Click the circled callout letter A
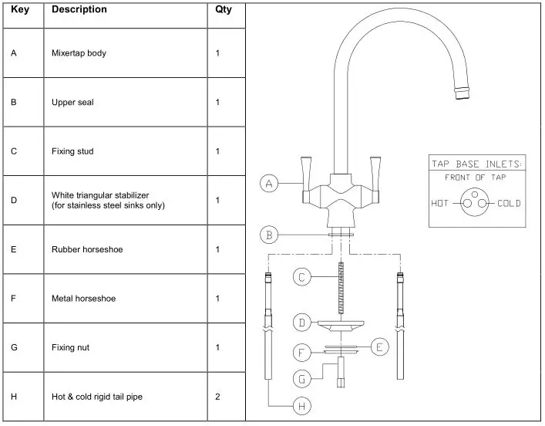[x=267, y=184]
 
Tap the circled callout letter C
[x=303, y=276]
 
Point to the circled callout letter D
[x=303, y=321]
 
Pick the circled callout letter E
[x=378, y=347]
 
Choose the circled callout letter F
[x=303, y=353]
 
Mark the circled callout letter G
[x=303, y=379]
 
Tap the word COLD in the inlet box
[x=509, y=204]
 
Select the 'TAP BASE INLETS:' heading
[x=476, y=164]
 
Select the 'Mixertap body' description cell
[x=78, y=54]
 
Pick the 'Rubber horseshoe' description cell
[x=87, y=249]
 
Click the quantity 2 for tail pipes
[x=218, y=397]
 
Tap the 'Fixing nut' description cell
[x=70, y=348]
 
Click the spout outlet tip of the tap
[x=463, y=94]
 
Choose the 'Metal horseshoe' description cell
[x=83, y=299]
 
